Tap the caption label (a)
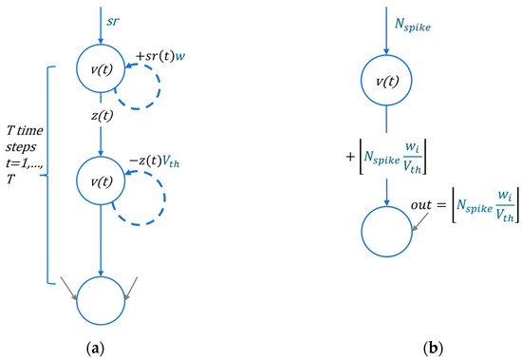pos(97,348)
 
